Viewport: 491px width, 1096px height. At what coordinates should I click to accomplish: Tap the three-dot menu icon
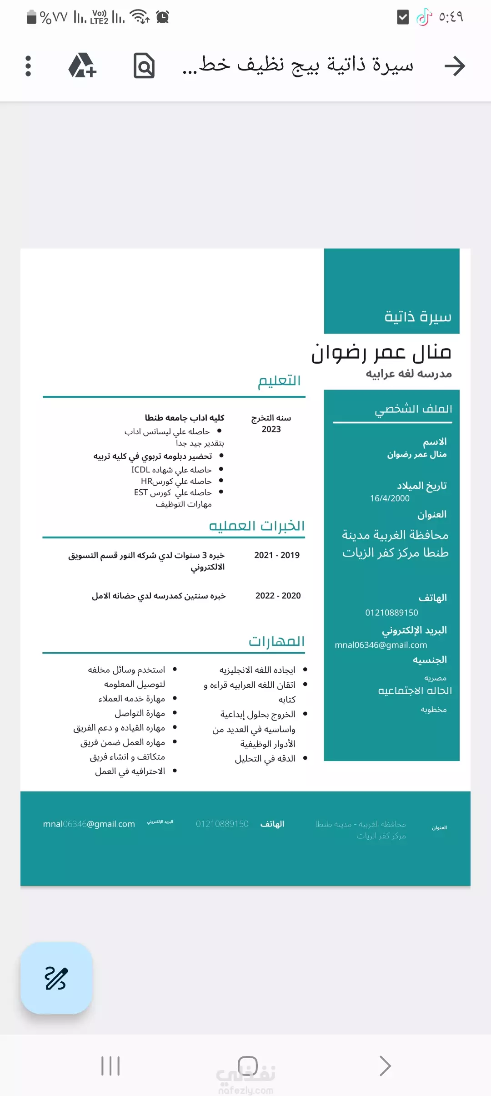28,66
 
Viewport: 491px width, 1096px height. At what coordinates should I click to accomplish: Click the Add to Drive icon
82,66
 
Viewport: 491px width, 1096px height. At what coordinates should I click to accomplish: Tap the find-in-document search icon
144,66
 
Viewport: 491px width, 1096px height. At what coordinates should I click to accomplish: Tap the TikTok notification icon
424,17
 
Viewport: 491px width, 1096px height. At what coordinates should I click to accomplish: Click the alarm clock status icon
162,17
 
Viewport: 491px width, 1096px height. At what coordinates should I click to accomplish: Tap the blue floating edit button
56,978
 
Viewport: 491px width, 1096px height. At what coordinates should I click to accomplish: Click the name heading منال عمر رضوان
381,353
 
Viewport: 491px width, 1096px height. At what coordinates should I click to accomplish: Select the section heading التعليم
279,381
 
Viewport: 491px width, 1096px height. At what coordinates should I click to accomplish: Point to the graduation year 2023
271,429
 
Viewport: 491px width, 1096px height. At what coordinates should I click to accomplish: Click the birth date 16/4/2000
390,498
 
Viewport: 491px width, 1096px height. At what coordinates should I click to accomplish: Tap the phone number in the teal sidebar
391,613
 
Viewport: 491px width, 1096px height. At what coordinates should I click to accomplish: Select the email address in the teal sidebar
381,645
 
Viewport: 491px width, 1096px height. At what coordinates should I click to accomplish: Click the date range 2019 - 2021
277,555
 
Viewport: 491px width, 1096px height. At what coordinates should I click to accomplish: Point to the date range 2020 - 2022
278,596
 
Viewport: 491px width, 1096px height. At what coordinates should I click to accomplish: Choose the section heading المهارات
276,641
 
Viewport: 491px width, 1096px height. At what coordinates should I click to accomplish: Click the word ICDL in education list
140,470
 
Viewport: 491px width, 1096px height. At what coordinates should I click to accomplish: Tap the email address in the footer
89,824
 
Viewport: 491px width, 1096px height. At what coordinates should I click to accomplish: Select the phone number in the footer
222,824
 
